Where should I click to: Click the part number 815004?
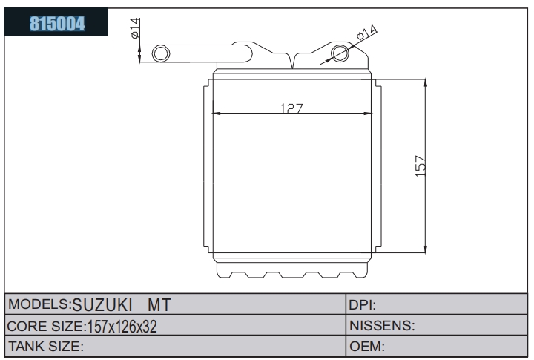(57, 24)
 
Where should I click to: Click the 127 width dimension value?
(292, 108)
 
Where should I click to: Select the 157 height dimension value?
(421, 166)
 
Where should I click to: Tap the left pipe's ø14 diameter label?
(135, 28)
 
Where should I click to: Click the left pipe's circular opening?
(161, 53)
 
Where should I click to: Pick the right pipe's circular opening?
(340, 53)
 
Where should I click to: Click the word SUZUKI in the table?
(102, 304)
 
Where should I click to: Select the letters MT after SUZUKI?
(159, 305)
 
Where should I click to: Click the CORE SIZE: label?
(46, 327)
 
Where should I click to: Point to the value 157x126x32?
(122, 327)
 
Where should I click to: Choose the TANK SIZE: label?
(46, 347)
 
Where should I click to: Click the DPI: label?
(363, 305)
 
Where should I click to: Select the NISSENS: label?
(382, 326)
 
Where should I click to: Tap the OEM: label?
(367, 347)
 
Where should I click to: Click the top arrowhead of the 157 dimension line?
(426, 84)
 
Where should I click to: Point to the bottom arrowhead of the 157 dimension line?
(426, 249)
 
